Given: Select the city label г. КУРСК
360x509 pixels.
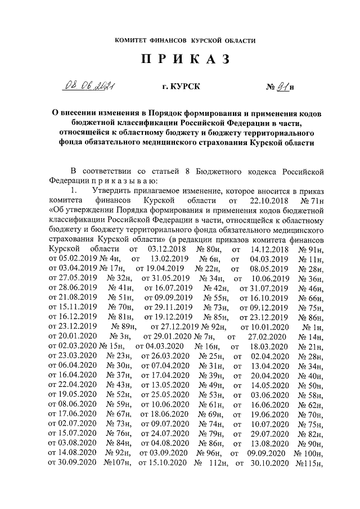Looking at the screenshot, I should [180, 88].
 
